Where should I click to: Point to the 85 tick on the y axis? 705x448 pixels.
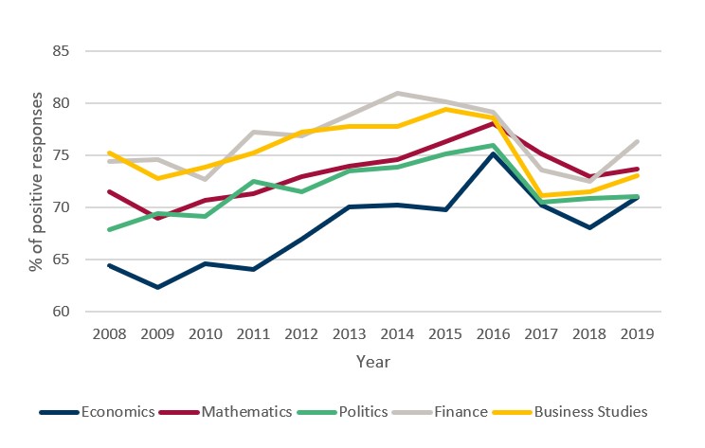[63, 51]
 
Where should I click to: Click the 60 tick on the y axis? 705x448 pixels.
[63, 312]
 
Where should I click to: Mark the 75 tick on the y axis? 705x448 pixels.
[63, 155]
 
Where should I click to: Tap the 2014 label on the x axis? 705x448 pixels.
[397, 333]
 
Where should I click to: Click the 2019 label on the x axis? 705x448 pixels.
[639, 333]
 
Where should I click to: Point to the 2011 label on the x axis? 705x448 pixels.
[252, 333]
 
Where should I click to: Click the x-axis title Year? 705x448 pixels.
[372, 362]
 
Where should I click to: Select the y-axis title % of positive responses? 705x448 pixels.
[36, 181]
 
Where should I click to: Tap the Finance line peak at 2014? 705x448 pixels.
[398, 93]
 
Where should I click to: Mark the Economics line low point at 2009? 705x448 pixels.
[156, 287]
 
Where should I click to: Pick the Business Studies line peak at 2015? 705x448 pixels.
[446, 109]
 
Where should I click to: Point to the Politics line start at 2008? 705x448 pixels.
[108, 229]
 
